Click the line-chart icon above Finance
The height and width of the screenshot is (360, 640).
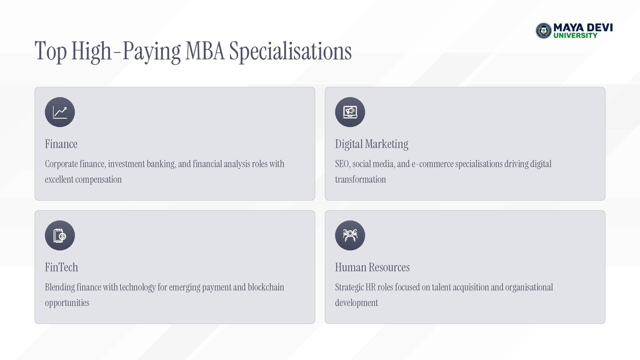[x=60, y=112]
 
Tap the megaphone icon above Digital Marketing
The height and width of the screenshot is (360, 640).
[x=350, y=112]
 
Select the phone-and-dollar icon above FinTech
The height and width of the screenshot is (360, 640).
[x=60, y=235]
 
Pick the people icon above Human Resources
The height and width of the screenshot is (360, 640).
[x=350, y=235]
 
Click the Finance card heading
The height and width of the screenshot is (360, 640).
[x=61, y=144]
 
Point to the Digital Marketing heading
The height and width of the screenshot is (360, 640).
[x=372, y=144]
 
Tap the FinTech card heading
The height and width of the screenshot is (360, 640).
[x=61, y=267]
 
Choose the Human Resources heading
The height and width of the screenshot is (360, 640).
[x=372, y=267]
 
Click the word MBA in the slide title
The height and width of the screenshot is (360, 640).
[x=205, y=51]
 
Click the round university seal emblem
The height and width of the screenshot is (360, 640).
[x=544, y=31]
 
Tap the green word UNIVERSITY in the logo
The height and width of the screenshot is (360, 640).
[x=575, y=36]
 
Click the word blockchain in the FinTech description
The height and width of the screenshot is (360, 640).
[x=266, y=287]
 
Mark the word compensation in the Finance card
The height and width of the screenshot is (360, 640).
[x=98, y=180]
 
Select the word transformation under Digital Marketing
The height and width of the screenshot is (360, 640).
[x=360, y=179]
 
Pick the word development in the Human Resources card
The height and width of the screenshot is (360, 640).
[x=356, y=303]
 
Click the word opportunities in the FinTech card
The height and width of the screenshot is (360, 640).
[x=67, y=303]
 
